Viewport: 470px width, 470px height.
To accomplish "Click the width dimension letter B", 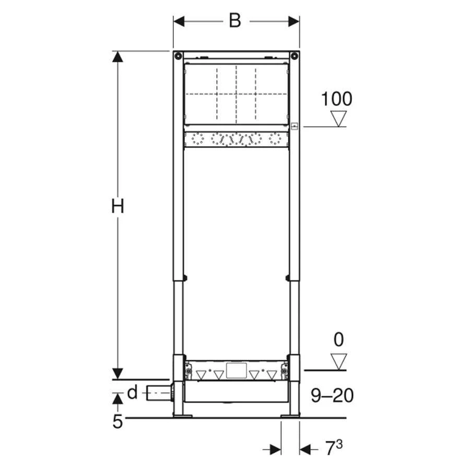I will pyautogui.click(x=236, y=21).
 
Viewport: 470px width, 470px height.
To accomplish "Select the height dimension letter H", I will pyautogui.click(x=118, y=207).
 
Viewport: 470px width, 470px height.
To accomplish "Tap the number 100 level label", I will pyautogui.click(x=337, y=98).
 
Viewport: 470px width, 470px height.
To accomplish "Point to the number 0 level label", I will pyautogui.click(x=339, y=340).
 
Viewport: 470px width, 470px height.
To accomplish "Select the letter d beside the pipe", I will pyautogui.click(x=133, y=392).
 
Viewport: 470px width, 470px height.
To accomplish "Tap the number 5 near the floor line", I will pyautogui.click(x=118, y=421).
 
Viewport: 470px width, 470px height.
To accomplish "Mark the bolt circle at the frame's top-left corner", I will pyautogui.click(x=178, y=56).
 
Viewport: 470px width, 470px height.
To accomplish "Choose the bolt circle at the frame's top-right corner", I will pyautogui.click(x=295, y=56).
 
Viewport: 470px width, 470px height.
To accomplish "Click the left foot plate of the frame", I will pyautogui.click(x=183, y=416).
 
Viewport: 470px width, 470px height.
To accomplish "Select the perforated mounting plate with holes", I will pyautogui.click(x=236, y=140).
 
